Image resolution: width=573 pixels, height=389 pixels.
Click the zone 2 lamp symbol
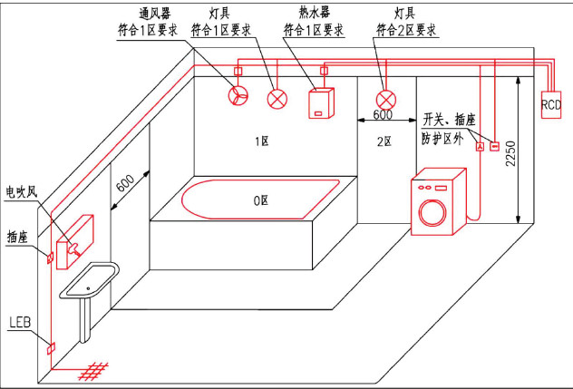(x=387, y=99)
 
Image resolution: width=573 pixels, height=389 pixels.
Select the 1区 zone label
(x=262, y=141)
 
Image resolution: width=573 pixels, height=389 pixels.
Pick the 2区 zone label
(x=384, y=141)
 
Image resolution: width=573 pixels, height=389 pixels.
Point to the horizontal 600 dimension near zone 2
(x=382, y=115)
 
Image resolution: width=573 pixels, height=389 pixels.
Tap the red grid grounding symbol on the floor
(x=96, y=372)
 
